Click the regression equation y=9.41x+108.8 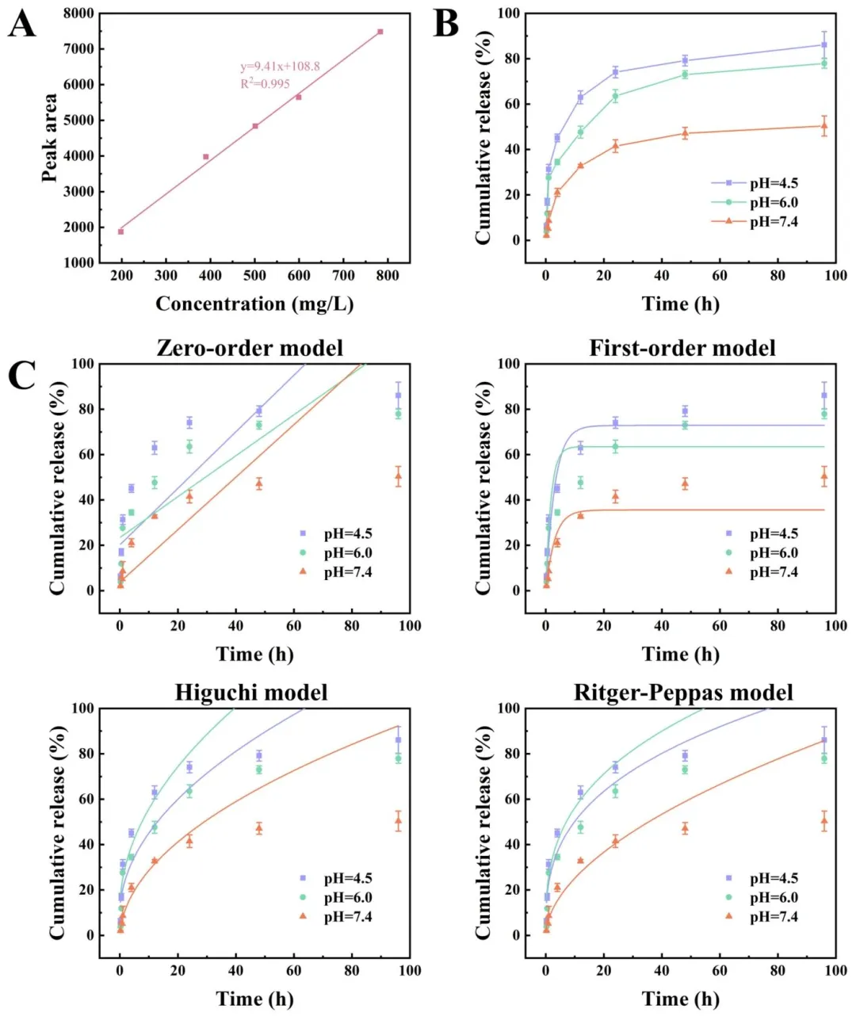click(x=281, y=67)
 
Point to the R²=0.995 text click(x=266, y=83)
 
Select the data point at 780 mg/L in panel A click(x=380, y=32)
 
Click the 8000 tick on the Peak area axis click(x=78, y=13)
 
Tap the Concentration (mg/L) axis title click(x=254, y=304)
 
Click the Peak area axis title click(x=50, y=138)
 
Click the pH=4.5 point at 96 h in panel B click(x=824, y=44)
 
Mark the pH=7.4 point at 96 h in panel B click(x=824, y=125)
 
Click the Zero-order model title click(x=250, y=348)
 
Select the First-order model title click(x=682, y=348)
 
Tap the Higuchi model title click(x=251, y=693)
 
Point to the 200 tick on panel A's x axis click(x=121, y=275)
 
